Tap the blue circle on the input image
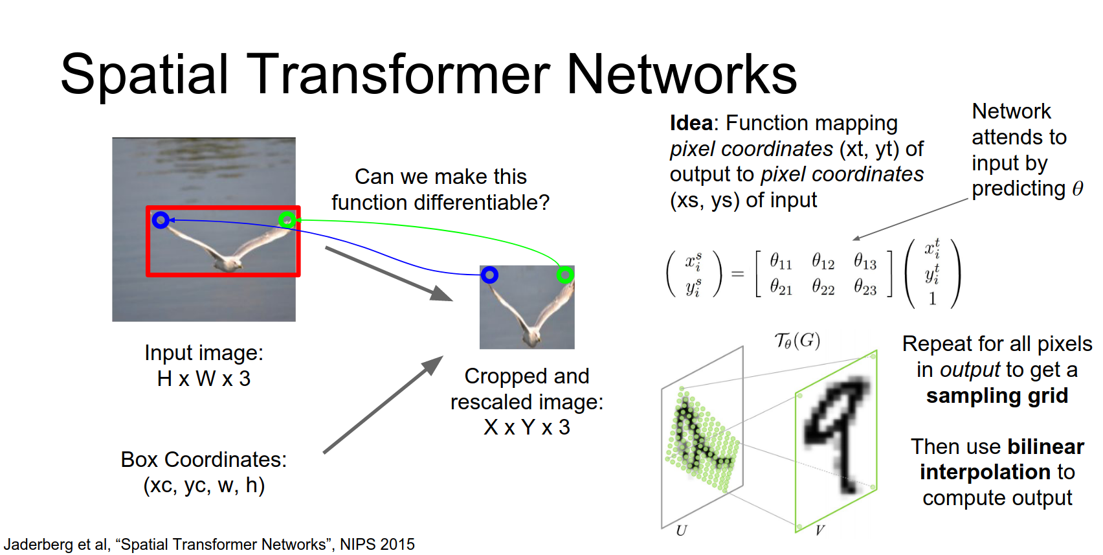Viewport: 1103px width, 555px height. pyautogui.click(x=161, y=220)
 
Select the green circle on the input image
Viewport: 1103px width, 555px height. pyautogui.click(x=287, y=220)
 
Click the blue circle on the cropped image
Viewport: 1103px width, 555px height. pyautogui.click(x=489, y=275)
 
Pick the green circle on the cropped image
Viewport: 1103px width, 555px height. pyautogui.click(x=565, y=275)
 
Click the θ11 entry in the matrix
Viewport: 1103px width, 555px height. pyautogui.click(x=781, y=262)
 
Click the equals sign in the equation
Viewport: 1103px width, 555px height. pyautogui.click(x=737, y=275)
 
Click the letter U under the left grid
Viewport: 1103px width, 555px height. pyautogui.click(x=681, y=531)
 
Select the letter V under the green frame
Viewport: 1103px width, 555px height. pyautogui.click(x=819, y=531)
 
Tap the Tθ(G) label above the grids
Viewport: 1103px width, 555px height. pyautogui.click(x=797, y=341)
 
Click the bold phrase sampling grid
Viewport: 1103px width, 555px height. pyautogui.click(x=997, y=396)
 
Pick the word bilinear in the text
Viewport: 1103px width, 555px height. pyautogui.click(x=1045, y=447)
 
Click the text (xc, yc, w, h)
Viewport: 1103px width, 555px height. pyautogui.click(x=204, y=485)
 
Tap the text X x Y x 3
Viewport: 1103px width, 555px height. pyautogui.click(x=527, y=427)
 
